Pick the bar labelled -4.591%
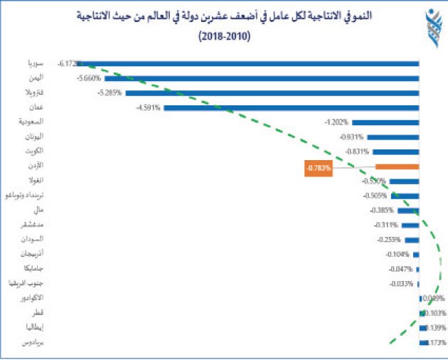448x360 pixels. pyautogui.click(x=292, y=107)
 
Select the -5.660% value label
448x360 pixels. pyautogui.click(x=89, y=78)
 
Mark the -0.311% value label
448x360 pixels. pyautogui.click(x=386, y=226)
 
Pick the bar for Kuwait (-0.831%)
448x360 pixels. pyautogui.click(x=396, y=152)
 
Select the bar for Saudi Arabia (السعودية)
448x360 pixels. pyautogui.click(x=385, y=122)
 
